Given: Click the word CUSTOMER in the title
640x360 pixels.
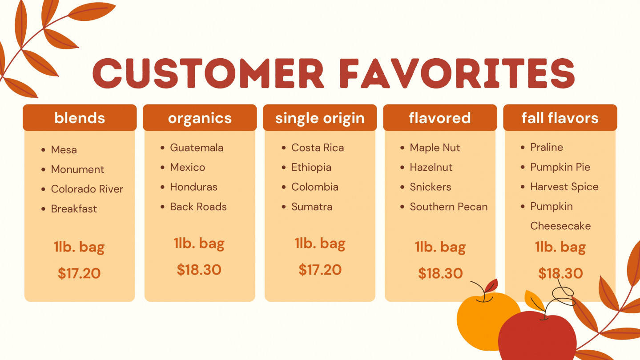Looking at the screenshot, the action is [208, 73].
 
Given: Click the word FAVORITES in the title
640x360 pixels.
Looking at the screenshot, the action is [457, 73].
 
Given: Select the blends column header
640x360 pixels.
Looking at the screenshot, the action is [80, 118].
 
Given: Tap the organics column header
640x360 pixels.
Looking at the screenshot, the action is [200, 118].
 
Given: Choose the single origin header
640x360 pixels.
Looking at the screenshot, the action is [320, 118].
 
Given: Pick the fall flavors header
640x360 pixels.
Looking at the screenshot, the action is [560, 118].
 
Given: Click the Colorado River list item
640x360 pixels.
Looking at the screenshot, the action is [87, 189].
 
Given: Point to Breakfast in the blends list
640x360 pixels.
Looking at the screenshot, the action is [74, 209].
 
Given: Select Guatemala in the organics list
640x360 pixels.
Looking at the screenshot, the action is [197, 148].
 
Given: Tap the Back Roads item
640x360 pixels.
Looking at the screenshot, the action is [198, 207].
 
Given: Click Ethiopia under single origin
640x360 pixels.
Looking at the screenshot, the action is [311, 168].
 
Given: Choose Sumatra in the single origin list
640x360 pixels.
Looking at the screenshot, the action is [312, 207].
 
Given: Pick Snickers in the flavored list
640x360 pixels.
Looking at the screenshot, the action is [430, 187].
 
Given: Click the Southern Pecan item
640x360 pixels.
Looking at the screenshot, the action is [449, 207].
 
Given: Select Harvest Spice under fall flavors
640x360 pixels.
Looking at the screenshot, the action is [564, 187].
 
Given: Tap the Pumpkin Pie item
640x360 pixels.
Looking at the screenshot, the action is [560, 167].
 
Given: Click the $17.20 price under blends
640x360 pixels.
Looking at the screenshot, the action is [79, 273].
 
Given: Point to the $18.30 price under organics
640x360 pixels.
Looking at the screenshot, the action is [199, 270].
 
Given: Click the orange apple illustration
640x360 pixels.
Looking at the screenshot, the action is [483, 321].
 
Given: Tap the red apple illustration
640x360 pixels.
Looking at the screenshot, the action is [537, 337].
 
